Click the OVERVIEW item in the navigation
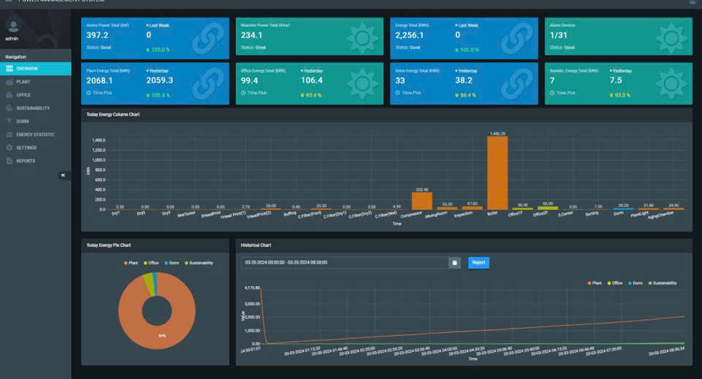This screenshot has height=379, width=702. click(27, 69)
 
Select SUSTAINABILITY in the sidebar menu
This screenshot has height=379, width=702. click(32, 108)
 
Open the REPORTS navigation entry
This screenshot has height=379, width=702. click(26, 161)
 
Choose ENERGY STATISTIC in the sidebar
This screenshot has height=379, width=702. click(35, 135)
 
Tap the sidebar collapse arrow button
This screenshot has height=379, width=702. click(63, 176)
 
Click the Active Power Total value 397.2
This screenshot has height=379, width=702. click(97, 35)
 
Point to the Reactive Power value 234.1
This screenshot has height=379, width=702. click(252, 35)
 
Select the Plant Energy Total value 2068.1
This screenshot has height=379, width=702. click(99, 80)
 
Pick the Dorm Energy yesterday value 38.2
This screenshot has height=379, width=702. click(464, 80)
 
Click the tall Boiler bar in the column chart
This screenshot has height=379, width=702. click(497, 173)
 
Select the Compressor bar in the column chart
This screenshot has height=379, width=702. click(422, 200)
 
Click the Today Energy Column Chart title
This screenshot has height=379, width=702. click(113, 115)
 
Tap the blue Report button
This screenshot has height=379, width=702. click(478, 262)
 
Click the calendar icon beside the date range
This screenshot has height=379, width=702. click(454, 262)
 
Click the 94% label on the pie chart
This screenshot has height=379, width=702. click(161, 335)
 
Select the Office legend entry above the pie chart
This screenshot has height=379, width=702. click(152, 263)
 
